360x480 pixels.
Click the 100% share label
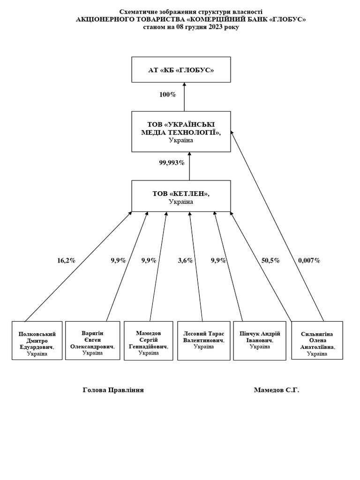point(168,95)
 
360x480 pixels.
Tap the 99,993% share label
point(172,163)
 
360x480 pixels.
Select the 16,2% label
point(66,261)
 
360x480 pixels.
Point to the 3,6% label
point(186,261)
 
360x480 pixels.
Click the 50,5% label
point(270,261)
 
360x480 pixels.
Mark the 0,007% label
point(309,261)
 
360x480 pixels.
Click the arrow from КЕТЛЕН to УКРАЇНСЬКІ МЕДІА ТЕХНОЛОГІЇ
point(189,166)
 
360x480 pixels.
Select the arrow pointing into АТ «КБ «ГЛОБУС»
point(184,97)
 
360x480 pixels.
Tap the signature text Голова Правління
point(113,390)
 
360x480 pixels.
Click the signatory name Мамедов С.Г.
point(277,390)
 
